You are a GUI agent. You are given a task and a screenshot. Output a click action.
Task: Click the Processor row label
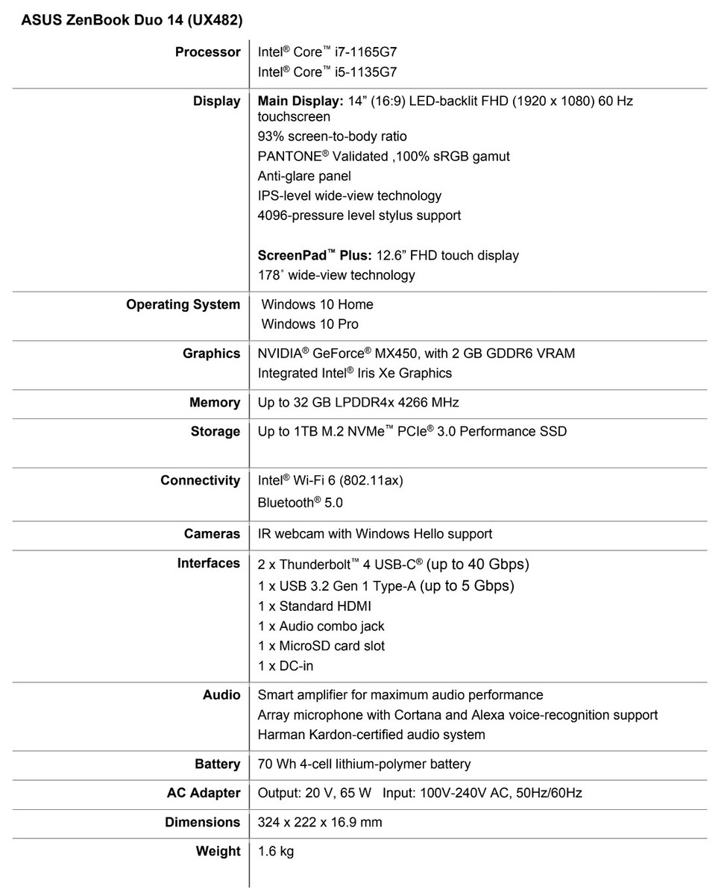pos(207,52)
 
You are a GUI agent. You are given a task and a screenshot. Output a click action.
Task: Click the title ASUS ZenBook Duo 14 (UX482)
pos(131,21)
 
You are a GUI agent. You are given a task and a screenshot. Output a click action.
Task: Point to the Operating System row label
pos(183,304)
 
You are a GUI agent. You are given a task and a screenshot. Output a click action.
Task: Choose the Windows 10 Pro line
pos(309,324)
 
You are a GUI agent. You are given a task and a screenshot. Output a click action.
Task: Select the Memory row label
pos(215,403)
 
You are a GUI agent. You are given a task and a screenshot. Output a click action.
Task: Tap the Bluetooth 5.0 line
pos(300,503)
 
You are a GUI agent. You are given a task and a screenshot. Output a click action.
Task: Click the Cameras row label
pos(212,534)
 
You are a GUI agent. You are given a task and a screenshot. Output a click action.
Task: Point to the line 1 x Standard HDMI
pos(314,606)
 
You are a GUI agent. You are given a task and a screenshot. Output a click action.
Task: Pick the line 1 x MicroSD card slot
pos(321,646)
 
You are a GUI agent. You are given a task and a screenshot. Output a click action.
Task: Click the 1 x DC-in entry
pos(286,665)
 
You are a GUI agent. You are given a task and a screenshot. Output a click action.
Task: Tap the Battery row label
pos(217,764)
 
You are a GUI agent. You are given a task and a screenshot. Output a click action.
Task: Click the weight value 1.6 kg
pos(276,852)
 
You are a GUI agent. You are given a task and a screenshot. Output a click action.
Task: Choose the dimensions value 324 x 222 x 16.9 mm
pos(320,823)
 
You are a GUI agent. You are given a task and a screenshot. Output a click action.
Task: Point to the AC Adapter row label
pos(204,793)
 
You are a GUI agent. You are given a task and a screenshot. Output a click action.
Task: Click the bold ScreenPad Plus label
pos(314,255)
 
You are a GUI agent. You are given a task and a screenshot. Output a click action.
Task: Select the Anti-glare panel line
pos(304,176)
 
